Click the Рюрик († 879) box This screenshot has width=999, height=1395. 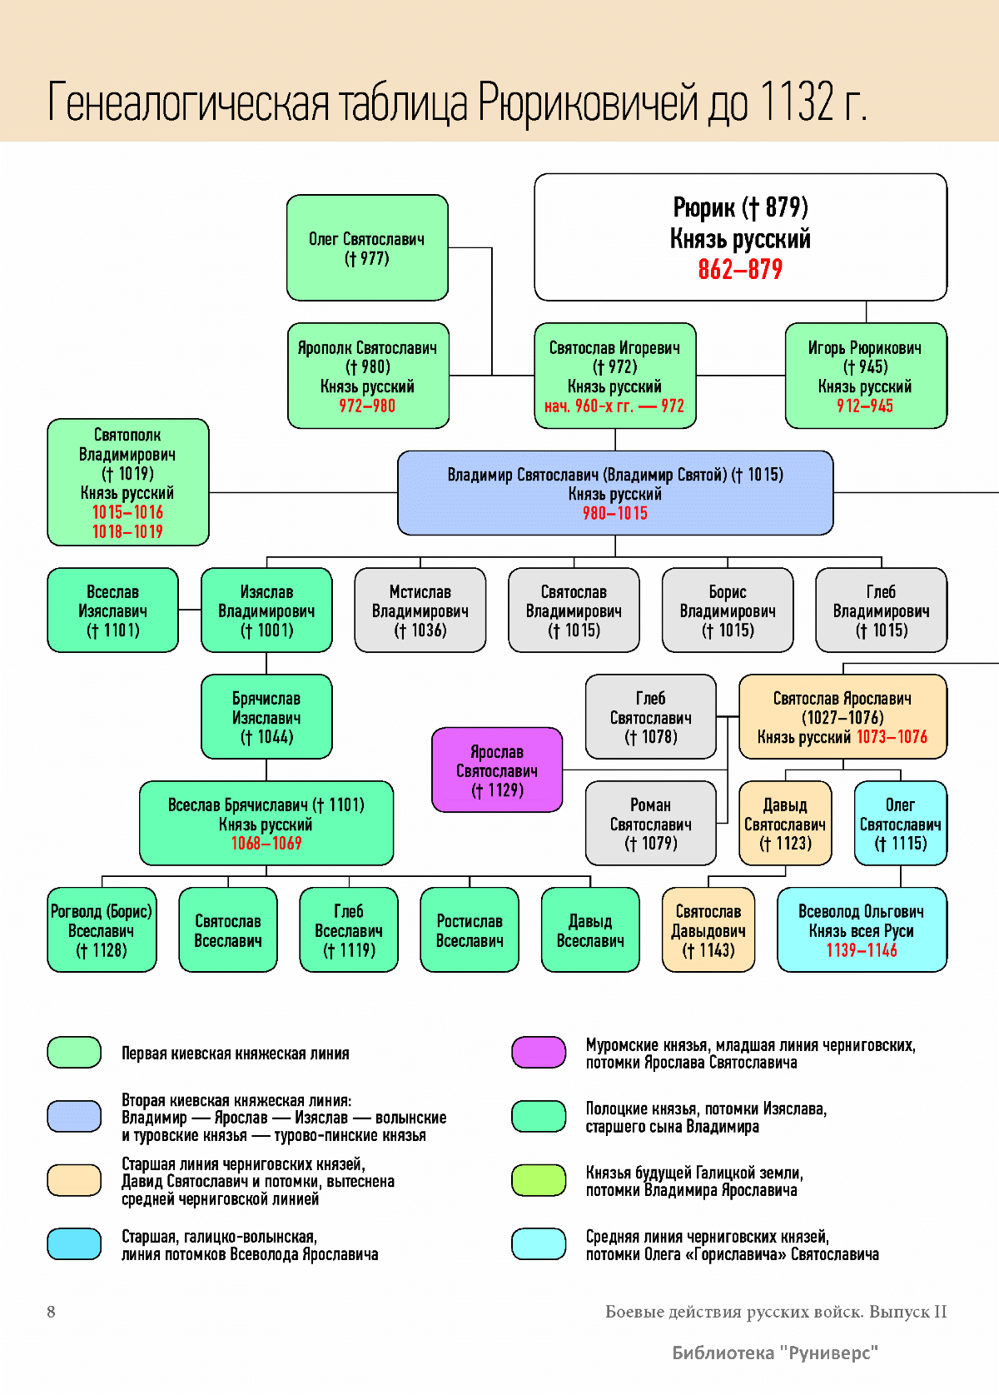(740, 237)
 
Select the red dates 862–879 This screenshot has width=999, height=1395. (740, 270)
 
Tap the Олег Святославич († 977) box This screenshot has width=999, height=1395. (367, 247)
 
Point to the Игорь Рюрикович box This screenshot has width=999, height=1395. (866, 376)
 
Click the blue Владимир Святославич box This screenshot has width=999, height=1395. (615, 493)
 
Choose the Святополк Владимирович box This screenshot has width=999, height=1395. (128, 482)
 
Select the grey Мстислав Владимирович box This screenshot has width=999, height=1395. (420, 610)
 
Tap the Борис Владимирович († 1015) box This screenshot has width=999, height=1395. (728, 610)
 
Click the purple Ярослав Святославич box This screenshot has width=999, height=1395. (497, 770)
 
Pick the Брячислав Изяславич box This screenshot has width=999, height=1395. (266, 717)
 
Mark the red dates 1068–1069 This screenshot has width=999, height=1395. (266, 844)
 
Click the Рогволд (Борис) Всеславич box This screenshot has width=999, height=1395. (102, 930)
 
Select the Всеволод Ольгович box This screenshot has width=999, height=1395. (862, 930)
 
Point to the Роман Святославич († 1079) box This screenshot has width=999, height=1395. (650, 824)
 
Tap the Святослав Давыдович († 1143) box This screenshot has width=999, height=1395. (708, 930)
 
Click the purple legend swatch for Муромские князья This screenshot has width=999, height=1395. (539, 1053)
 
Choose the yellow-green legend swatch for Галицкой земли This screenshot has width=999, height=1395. (539, 1180)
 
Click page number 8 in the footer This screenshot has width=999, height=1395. (51, 1312)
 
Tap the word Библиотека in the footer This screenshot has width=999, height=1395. (723, 1353)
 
